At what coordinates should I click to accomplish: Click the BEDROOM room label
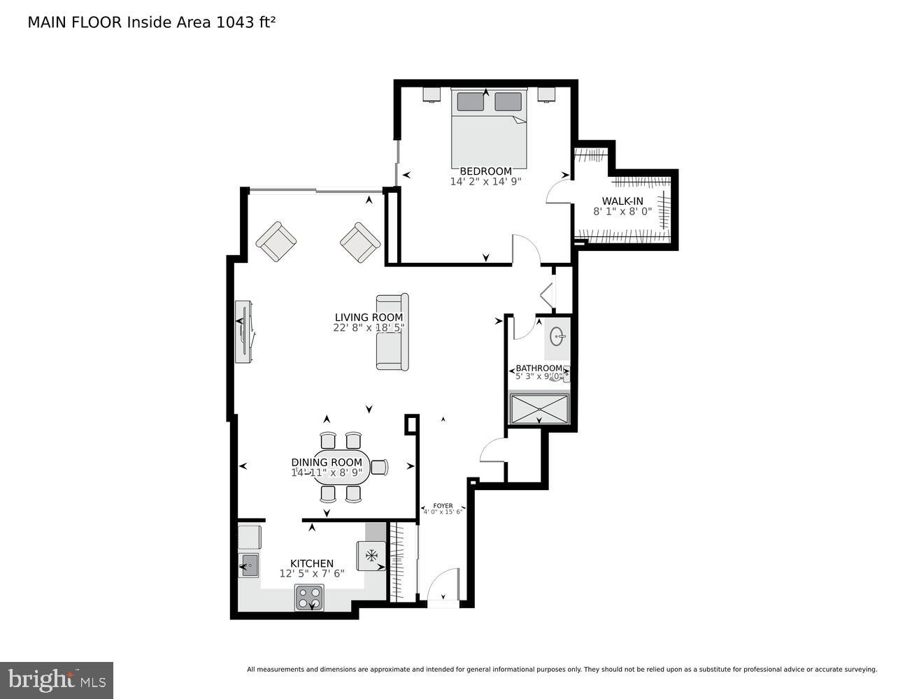[485, 171]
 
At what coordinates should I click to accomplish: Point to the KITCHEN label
[312, 563]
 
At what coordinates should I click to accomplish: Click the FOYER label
[443, 505]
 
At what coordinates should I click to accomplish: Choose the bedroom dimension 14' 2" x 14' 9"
[485, 182]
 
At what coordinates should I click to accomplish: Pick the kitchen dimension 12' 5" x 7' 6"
[312, 574]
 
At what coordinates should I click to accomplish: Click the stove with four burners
[309, 598]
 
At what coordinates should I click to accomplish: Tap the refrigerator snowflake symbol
[371, 555]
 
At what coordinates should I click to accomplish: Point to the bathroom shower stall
[539, 409]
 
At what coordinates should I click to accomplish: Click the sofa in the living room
[392, 331]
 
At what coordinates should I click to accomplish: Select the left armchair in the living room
[277, 242]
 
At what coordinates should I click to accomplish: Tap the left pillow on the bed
[470, 102]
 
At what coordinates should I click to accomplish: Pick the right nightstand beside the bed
[546, 94]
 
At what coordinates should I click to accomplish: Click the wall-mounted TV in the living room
[243, 332]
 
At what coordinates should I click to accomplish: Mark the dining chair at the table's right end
[380, 467]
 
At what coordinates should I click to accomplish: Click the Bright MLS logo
[57, 679]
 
